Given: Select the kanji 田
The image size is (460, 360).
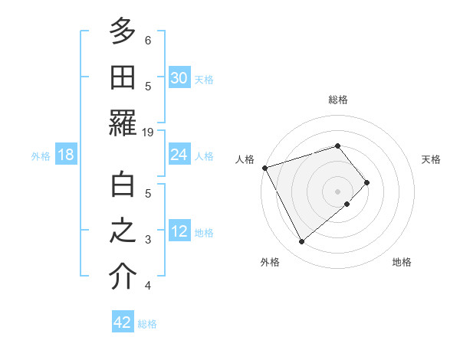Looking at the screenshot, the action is click(123, 77).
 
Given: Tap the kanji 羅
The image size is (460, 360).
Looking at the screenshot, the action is click(123, 123).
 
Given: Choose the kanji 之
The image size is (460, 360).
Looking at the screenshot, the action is click(123, 231).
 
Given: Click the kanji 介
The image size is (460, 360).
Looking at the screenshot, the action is click(123, 277).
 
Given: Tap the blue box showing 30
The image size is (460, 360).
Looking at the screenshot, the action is click(179, 78).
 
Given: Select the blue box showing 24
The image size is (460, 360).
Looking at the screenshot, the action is click(179, 155).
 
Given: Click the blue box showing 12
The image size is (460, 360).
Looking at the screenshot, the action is click(179, 231).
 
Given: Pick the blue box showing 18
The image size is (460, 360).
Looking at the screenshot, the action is click(66, 155).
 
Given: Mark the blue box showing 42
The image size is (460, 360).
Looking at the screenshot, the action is click(123, 322).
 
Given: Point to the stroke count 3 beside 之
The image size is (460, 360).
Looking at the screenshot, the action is click(148, 240).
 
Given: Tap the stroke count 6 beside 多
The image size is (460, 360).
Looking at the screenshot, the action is click(148, 40).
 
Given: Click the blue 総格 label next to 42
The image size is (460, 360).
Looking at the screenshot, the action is click(147, 324).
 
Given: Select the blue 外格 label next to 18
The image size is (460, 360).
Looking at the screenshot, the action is click(41, 156).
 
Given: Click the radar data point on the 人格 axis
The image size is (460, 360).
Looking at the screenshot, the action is click(264, 168).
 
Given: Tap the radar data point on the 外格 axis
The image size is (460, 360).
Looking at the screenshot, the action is click(301, 242).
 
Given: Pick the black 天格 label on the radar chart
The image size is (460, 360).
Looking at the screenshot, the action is click(432, 159).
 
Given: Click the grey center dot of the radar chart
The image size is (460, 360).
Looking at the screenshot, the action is click(338, 191).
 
